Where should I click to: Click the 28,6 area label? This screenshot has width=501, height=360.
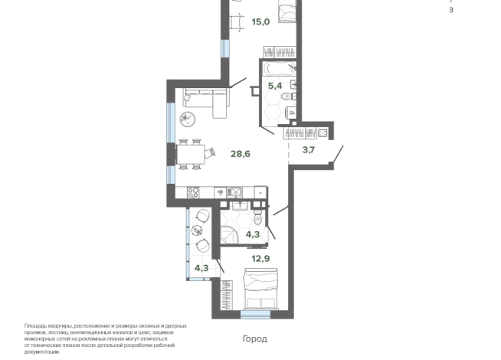(241, 154)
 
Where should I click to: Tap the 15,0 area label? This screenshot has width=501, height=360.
(260, 22)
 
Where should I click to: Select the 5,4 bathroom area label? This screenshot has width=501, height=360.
(275, 86)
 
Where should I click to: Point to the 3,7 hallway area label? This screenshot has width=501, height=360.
(308, 149)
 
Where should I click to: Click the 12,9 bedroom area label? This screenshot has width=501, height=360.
(260, 258)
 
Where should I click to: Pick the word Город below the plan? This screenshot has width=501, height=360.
(254, 339)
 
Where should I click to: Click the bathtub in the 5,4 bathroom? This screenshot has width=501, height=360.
(279, 69)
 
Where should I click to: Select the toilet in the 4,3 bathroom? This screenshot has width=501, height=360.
(258, 218)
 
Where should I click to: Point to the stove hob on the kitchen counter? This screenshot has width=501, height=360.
(193, 192)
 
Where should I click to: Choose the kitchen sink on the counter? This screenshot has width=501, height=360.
(235, 192)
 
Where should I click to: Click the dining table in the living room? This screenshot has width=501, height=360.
(191, 154)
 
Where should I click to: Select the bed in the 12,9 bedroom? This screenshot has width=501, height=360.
(260, 289)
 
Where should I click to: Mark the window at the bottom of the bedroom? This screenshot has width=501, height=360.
(255, 315)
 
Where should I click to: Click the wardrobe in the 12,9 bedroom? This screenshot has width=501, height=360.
(227, 295)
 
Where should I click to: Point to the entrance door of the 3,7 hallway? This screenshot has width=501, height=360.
(338, 154)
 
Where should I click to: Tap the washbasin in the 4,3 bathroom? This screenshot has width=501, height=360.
(240, 206)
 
